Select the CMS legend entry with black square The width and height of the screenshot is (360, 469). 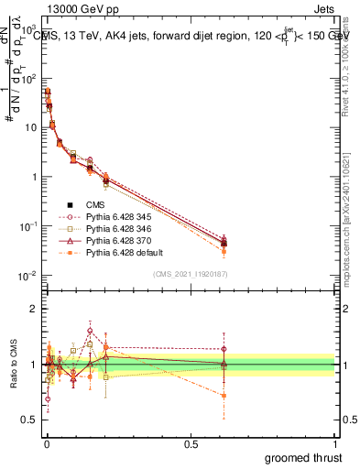[x=69, y=204]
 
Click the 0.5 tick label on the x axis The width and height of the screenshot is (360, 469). [x=191, y=443]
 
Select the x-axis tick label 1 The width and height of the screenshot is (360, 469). [x=335, y=443]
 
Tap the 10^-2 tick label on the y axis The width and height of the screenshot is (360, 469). [x=27, y=276]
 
